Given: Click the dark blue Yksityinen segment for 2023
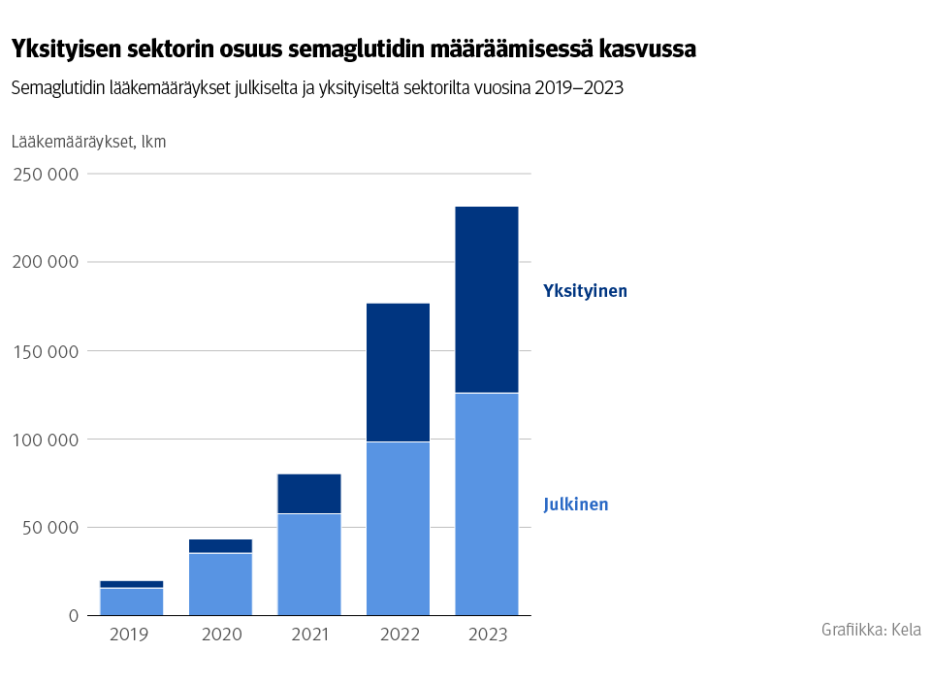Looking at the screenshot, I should click(486, 299).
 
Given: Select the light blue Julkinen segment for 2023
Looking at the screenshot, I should click(486, 504).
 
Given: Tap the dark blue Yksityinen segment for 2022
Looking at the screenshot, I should click(398, 373).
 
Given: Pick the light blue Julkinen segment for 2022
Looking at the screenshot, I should click(398, 528).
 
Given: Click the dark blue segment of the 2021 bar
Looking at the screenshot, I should click(309, 493).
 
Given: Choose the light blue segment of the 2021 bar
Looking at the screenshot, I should click(309, 564).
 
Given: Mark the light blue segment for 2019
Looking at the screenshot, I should click(132, 602).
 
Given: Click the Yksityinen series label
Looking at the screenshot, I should click(585, 291).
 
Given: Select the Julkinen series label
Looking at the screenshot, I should click(575, 505).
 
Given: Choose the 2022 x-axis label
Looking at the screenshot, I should click(398, 635).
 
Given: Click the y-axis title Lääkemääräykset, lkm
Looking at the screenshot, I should click(88, 142).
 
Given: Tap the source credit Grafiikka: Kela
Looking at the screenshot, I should click(870, 630).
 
